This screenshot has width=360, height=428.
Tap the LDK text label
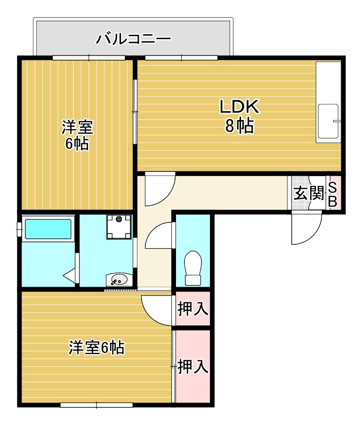(240, 107)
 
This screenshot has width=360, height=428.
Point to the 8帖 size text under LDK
(240, 126)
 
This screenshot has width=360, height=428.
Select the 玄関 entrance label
(309, 194)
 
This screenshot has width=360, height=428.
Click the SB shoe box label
(332, 194)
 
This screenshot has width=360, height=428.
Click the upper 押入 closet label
(192, 309)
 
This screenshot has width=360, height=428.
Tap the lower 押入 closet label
(192, 366)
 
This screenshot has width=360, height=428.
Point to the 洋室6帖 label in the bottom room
(96, 348)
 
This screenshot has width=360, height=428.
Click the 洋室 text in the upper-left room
(77, 127)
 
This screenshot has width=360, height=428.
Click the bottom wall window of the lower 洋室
(96, 404)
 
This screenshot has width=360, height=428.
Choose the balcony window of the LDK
(181, 58)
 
